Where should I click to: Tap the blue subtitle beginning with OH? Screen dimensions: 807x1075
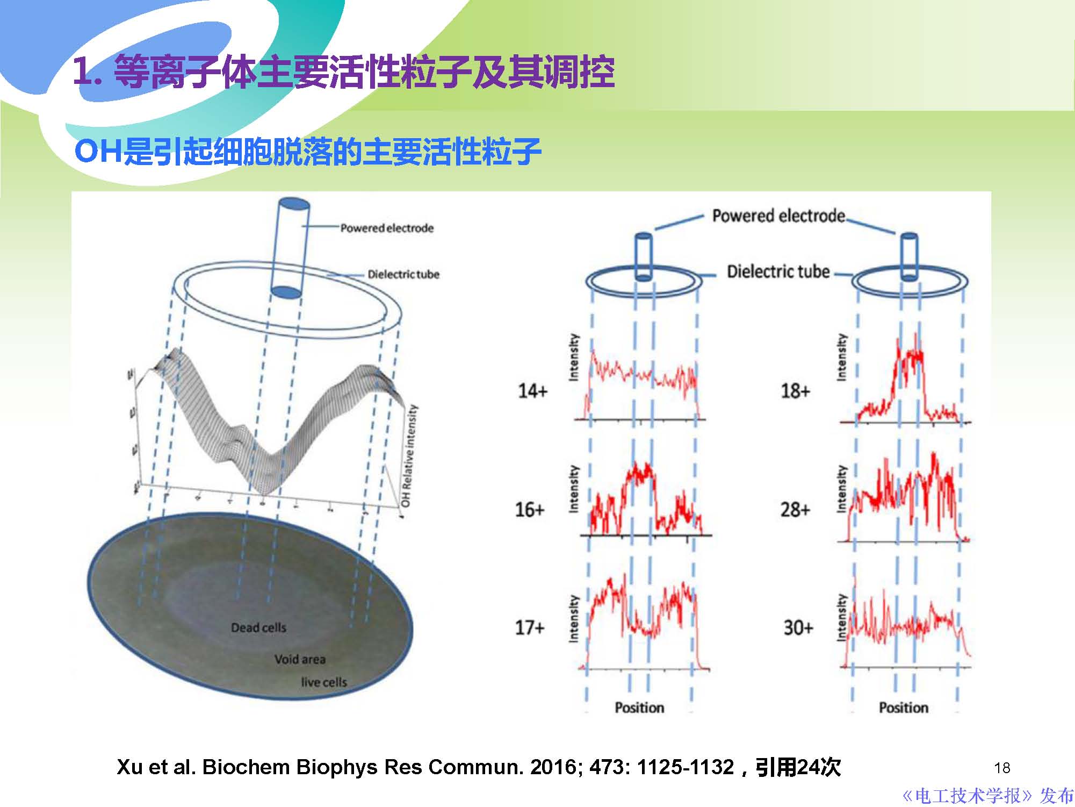coord(307,152)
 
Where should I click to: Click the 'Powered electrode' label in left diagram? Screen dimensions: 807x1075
coord(387,228)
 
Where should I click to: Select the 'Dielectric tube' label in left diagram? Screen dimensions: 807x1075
coord(403,274)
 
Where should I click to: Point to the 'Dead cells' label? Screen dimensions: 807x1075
coord(258,627)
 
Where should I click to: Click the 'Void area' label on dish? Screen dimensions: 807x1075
coord(300,659)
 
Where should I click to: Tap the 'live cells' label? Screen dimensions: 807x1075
coord(324,682)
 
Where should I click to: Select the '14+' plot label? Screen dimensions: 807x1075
coord(532,391)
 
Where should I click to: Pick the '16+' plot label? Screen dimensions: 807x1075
coord(530,509)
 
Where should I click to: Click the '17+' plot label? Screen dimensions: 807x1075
coord(530,627)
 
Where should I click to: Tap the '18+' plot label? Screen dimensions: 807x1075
coord(795,391)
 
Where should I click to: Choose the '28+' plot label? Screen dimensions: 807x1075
coord(795,509)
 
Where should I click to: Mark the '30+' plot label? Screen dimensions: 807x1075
coord(798,627)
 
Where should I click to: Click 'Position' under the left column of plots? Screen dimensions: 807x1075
coord(639,708)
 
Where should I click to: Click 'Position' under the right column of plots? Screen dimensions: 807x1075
coord(904,708)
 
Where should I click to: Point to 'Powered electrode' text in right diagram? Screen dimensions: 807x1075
coord(778,216)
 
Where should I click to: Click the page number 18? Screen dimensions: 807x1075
coord(1002,768)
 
